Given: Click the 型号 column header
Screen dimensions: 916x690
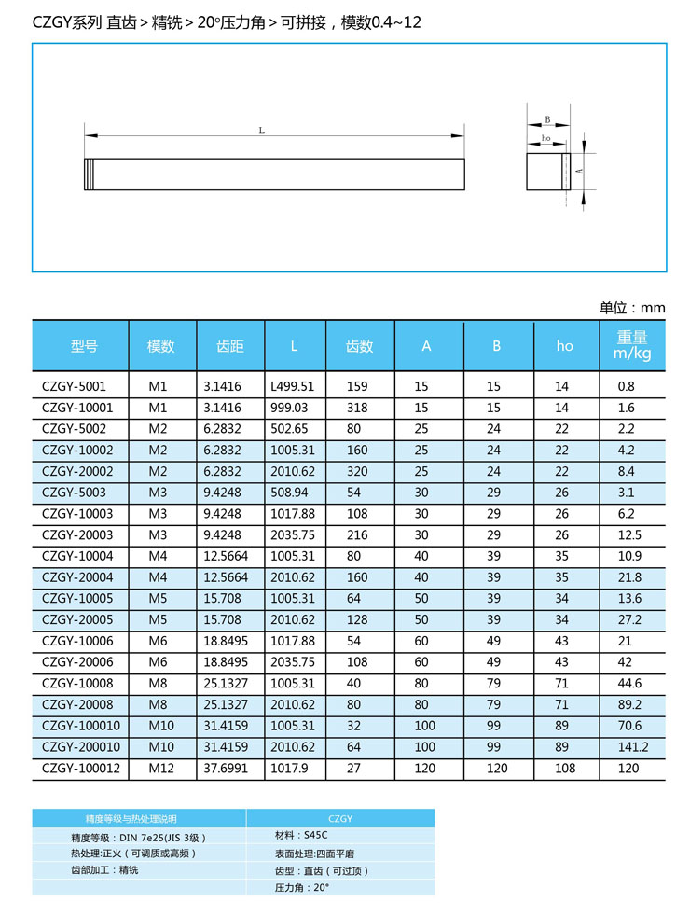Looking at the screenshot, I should coord(84,346).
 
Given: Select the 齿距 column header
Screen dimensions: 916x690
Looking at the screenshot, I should coord(230,346).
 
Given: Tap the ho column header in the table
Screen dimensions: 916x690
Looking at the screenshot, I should coord(564,346).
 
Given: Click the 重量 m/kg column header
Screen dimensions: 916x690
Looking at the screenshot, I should coord(631,346).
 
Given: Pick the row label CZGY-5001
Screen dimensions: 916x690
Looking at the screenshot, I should coord(75,386).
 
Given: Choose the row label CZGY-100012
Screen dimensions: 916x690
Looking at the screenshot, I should coord(81,769).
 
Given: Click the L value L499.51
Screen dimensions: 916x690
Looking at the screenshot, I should coord(292,386).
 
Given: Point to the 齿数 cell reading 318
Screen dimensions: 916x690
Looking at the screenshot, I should coord(357,408).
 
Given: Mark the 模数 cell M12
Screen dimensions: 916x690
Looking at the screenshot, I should coord(160,769).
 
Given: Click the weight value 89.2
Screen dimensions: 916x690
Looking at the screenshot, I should coord(629,705).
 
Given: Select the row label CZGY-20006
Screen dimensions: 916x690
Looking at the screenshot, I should coord(77,662).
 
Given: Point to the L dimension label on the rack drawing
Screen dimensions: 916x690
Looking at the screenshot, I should coord(262,132).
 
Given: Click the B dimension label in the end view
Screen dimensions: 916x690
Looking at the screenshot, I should coord(547,119).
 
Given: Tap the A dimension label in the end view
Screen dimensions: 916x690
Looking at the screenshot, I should coord(579,171).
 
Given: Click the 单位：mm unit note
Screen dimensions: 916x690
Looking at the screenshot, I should coord(632,308).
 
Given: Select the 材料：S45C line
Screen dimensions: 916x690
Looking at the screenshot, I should coord(300,836).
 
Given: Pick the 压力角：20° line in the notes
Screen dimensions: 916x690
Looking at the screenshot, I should coord(302,888).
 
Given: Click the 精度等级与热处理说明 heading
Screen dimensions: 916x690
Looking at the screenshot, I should coord(137,818).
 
